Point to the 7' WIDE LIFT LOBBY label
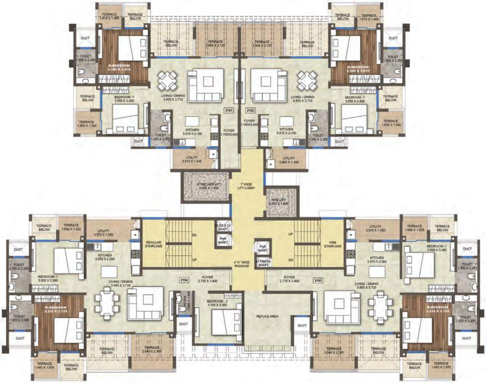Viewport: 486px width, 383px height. point(247,189)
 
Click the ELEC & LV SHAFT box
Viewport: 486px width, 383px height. point(223,227)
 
